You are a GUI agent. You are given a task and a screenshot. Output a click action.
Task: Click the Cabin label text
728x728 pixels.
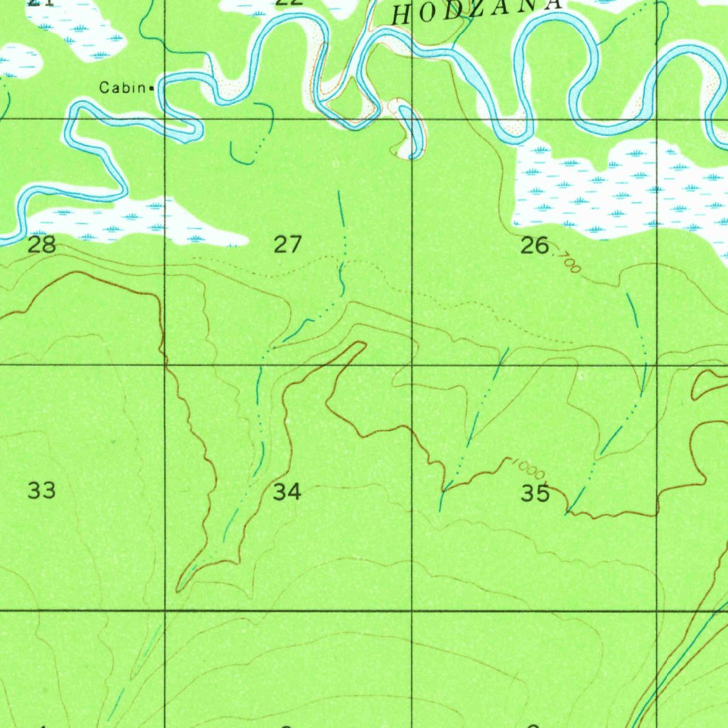tap(123, 88)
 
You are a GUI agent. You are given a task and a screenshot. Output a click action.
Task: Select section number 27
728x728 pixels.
tap(288, 246)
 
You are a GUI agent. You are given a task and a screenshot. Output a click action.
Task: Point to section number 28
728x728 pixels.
tap(42, 246)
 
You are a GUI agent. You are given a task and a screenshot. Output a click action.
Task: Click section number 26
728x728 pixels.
tap(535, 246)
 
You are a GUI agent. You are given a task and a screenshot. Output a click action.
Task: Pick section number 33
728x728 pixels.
tap(42, 491)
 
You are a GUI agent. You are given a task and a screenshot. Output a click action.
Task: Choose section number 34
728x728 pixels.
tap(287, 491)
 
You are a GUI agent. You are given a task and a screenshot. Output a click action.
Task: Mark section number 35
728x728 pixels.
tap(535, 493)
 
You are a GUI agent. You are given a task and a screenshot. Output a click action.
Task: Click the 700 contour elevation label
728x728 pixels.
tap(569, 262)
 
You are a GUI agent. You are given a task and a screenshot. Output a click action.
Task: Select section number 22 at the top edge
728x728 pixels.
tap(289, 2)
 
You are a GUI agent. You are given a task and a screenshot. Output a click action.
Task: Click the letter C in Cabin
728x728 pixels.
tap(104, 88)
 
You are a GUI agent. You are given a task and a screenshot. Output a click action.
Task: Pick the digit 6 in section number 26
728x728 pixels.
tap(542, 246)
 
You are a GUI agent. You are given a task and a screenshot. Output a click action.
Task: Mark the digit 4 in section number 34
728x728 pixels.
tap(294, 491)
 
